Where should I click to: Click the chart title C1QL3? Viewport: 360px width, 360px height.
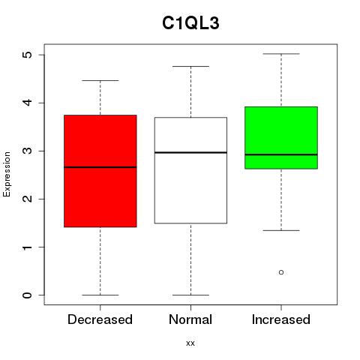[x=190, y=23]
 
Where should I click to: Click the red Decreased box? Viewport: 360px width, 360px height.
[x=100, y=171]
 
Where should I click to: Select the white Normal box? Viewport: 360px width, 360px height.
[x=190, y=170]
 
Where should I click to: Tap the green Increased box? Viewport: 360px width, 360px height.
[x=281, y=138]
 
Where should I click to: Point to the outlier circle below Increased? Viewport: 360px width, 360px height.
[x=281, y=272]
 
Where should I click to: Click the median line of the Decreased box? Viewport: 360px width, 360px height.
[x=100, y=167]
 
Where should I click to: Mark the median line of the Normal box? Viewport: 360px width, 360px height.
[x=190, y=152]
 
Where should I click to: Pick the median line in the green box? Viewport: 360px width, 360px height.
[x=281, y=154]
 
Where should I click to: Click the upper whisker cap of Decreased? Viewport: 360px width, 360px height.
[x=100, y=80]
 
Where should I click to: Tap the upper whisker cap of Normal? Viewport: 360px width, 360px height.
[x=190, y=66]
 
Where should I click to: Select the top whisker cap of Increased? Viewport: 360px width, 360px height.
[x=281, y=54]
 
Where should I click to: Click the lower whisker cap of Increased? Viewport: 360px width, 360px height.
[x=281, y=230]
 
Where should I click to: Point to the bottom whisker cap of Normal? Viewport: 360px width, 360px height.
[x=190, y=295]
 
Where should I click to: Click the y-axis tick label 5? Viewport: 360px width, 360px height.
[x=28, y=55]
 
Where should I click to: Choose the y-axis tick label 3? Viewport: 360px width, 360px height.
[x=28, y=151]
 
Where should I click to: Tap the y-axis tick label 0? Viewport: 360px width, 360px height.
[x=28, y=295]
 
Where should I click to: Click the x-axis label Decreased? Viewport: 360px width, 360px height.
[x=100, y=319]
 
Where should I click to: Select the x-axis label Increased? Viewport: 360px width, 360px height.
[x=281, y=319]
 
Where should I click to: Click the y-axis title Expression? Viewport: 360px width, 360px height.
[x=7, y=174]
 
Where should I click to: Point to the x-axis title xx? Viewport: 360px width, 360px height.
[x=190, y=343]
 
